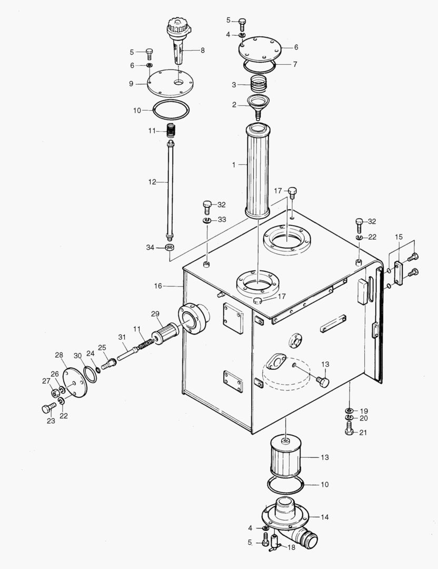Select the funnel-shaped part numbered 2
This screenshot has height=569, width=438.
tap(258, 106)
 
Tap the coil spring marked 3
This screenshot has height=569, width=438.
tap(258, 83)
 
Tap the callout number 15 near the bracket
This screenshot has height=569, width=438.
tap(399, 238)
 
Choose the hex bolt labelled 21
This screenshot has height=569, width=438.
tap(349, 431)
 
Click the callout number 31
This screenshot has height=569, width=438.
tap(122, 337)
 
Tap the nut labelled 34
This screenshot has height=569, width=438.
tap(170, 248)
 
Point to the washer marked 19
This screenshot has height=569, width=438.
tap(349, 410)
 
